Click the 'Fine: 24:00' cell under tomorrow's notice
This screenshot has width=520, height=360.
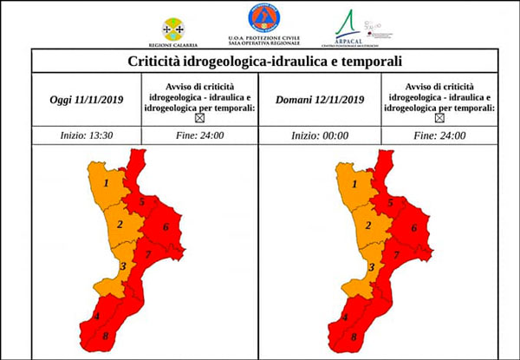click(439, 135)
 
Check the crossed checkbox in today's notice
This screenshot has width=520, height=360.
click(198, 118)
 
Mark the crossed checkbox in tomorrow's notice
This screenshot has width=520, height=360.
click(439, 118)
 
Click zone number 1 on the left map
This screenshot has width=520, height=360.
click(106, 183)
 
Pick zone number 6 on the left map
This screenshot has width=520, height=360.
click(165, 227)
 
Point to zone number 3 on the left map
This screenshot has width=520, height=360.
click(123, 266)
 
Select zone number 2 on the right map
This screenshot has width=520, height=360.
click(368, 226)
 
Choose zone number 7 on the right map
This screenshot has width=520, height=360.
click(397, 254)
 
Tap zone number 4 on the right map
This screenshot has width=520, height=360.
click(346, 317)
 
